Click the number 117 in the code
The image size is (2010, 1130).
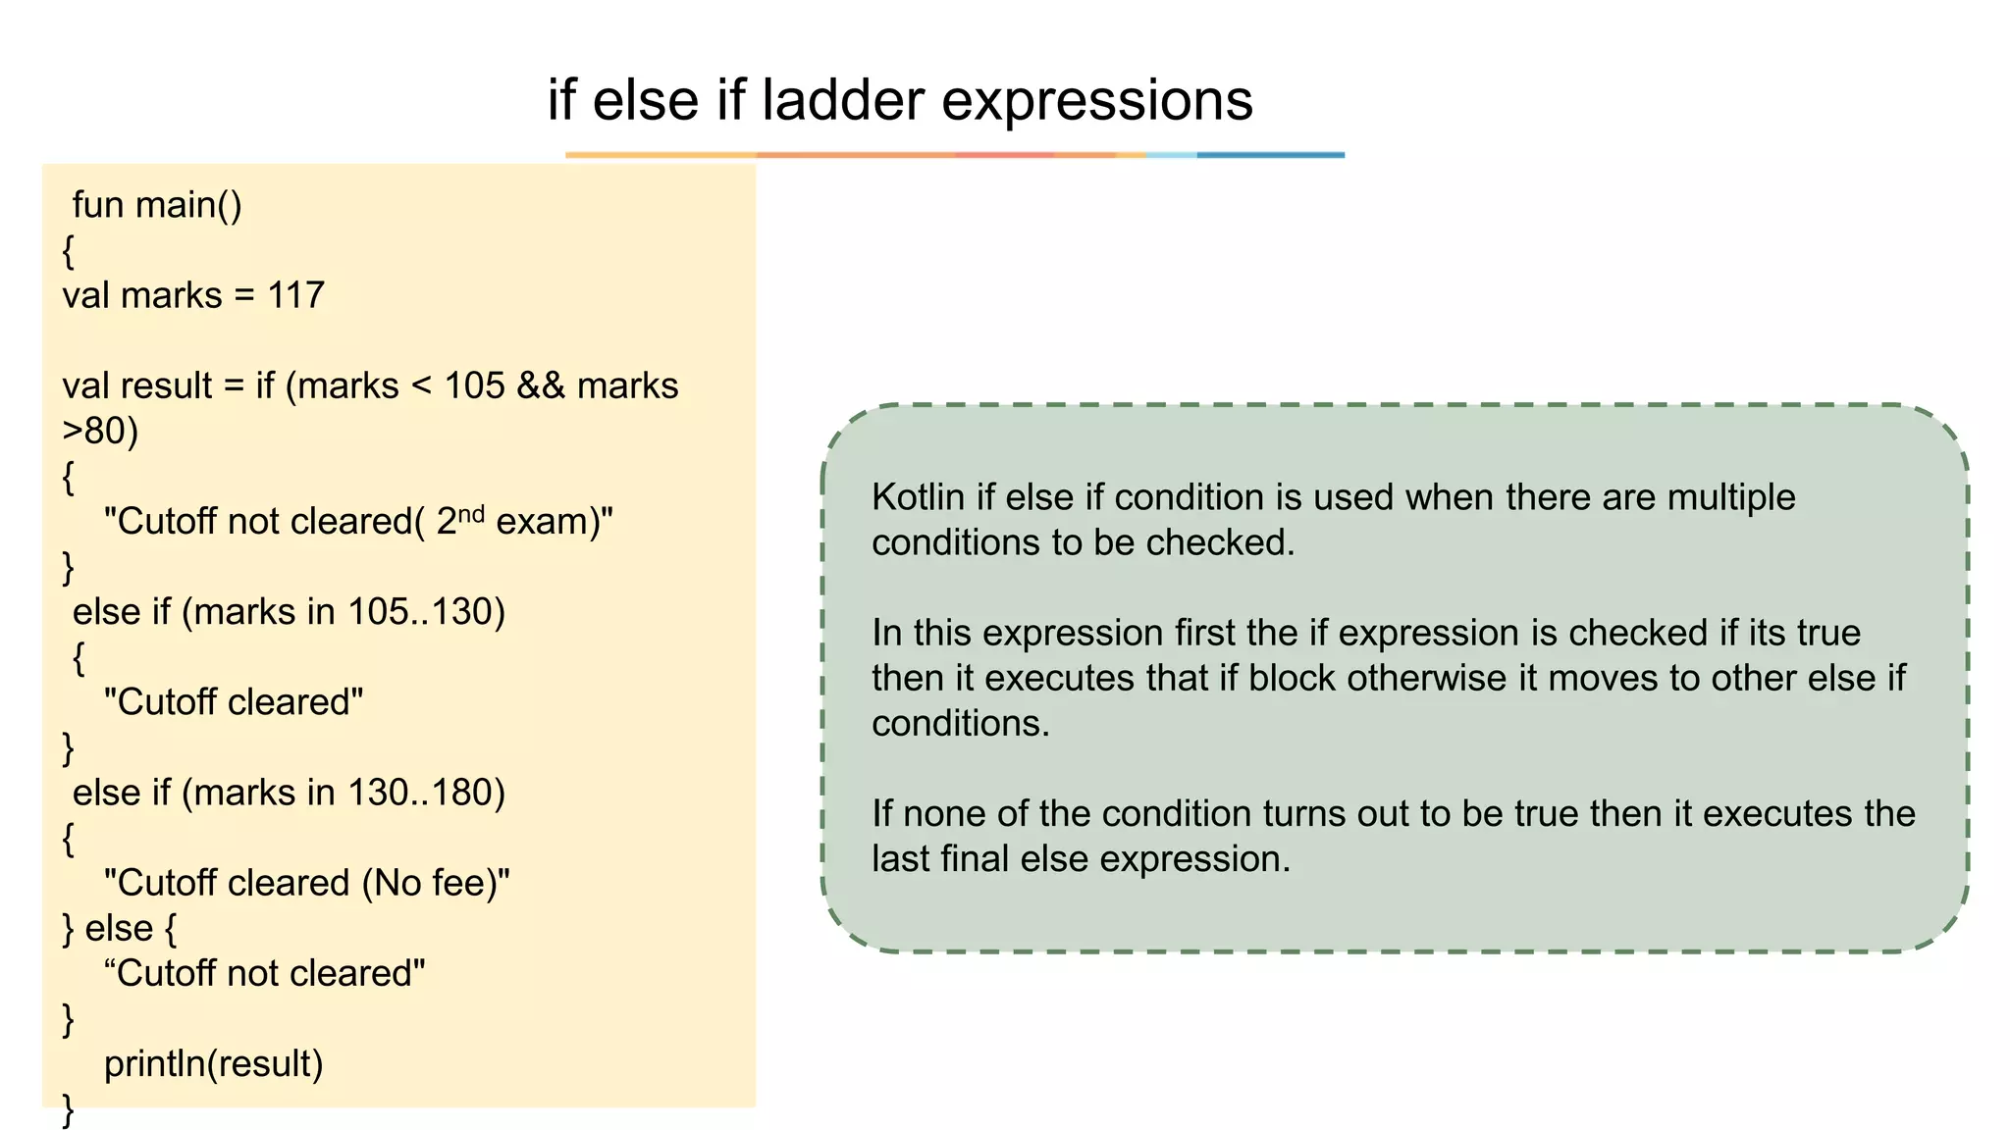coord(295,295)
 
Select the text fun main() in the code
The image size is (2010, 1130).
coord(157,205)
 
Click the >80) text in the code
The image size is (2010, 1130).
coord(100,431)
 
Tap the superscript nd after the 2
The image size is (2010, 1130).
coord(471,513)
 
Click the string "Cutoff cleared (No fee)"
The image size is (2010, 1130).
coord(306,883)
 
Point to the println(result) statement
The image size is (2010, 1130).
coord(213,1064)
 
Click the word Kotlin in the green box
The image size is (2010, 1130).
coord(918,497)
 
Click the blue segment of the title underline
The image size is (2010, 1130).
coord(1270,155)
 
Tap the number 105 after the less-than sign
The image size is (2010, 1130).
coord(474,385)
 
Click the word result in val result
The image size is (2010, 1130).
coord(166,385)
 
